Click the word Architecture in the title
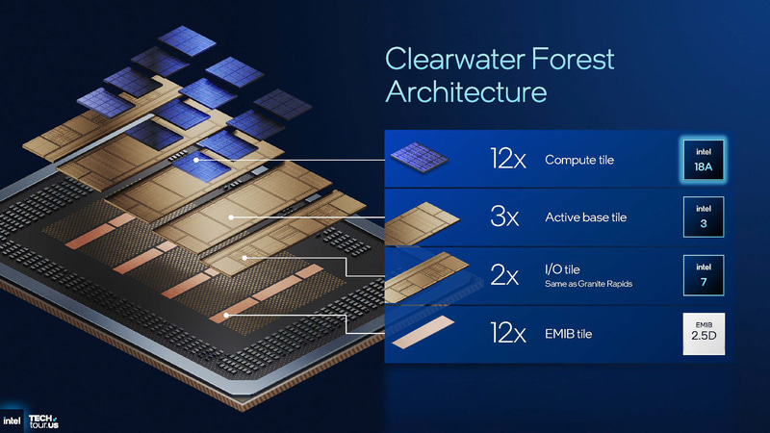[x=466, y=92]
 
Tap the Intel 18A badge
[x=702, y=159]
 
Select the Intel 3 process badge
[x=702, y=216]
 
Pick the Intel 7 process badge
[x=702, y=275]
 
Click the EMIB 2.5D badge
[x=702, y=334]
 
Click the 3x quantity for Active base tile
[x=505, y=217]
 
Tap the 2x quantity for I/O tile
[x=505, y=276]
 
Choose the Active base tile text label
[x=585, y=217]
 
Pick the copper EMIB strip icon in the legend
[x=421, y=333]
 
